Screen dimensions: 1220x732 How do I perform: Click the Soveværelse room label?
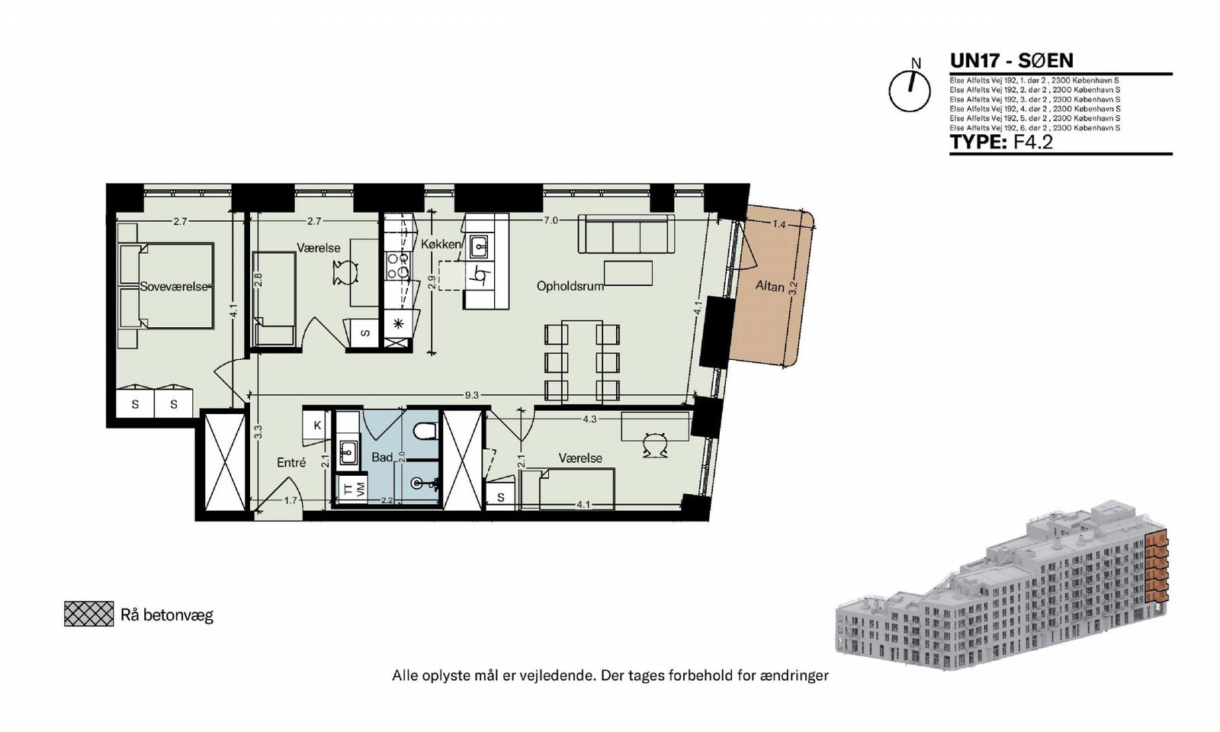point(175,287)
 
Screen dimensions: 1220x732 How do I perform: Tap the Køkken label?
point(441,245)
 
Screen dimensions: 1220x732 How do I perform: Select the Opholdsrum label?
point(570,286)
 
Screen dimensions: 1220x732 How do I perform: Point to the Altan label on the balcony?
point(769,285)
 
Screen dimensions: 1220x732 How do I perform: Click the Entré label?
point(291,462)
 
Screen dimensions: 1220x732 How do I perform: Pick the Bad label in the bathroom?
point(382,457)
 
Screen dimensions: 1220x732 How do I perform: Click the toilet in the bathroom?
point(425,432)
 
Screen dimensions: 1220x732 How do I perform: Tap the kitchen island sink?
point(480,247)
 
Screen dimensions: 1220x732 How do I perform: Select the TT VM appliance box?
point(352,490)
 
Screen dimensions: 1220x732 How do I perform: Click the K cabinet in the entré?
point(317,425)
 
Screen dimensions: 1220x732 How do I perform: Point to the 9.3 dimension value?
point(472,396)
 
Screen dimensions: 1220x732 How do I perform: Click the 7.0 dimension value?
point(551,220)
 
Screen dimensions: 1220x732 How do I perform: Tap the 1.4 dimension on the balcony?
point(779,224)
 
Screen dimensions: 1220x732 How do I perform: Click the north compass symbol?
point(910,91)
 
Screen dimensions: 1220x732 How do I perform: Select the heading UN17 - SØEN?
point(1011,60)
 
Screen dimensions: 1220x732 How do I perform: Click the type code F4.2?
point(1032,142)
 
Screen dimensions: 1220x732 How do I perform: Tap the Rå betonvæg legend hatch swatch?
point(88,614)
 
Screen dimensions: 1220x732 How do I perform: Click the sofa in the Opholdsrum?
point(626,233)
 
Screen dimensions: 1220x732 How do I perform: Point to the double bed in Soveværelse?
point(166,287)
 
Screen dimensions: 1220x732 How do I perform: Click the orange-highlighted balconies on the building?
point(1157,571)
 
